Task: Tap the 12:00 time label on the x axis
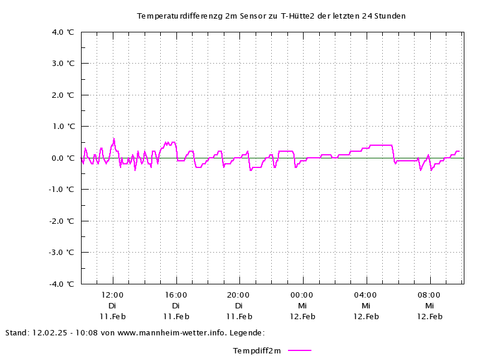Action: [112, 295]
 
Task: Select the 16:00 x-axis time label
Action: [176, 295]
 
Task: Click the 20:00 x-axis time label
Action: [239, 295]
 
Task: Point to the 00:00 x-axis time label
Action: [302, 295]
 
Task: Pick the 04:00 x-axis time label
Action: [365, 295]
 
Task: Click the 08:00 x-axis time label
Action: [429, 295]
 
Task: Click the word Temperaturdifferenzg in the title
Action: [180, 16]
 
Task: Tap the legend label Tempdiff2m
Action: [257, 350]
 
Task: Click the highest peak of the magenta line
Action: [114, 139]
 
